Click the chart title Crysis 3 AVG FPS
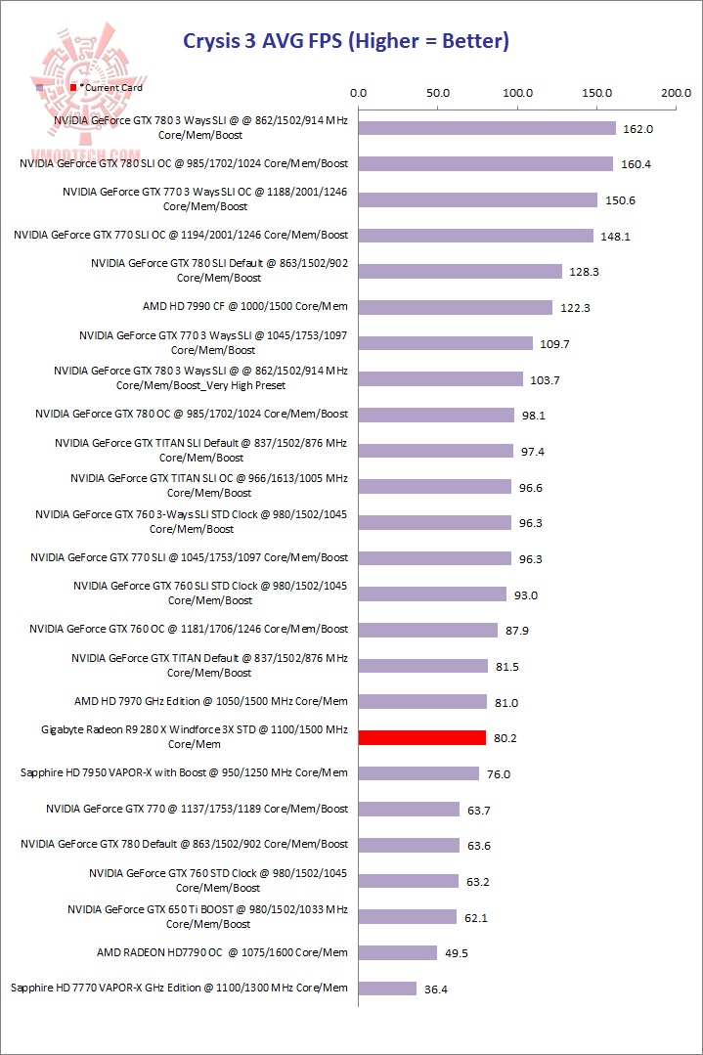point(346,41)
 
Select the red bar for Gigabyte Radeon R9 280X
point(422,737)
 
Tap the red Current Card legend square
point(73,88)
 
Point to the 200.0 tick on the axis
point(676,93)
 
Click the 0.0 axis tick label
point(358,93)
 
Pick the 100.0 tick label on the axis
point(517,93)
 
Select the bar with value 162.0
point(487,128)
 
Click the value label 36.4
point(436,989)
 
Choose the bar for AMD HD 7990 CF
point(456,307)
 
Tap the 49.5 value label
point(457,953)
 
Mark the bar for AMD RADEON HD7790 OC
point(398,952)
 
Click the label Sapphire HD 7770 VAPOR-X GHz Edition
point(179,988)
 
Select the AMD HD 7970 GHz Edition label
point(211,701)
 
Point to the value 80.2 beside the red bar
point(505,738)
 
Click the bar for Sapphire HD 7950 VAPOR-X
point(419,773)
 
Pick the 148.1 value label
point(613,236)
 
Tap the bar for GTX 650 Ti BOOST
point(408,916)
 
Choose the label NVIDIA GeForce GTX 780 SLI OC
point(184,163)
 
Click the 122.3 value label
point(573,308)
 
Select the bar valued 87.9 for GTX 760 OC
point(428,630)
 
